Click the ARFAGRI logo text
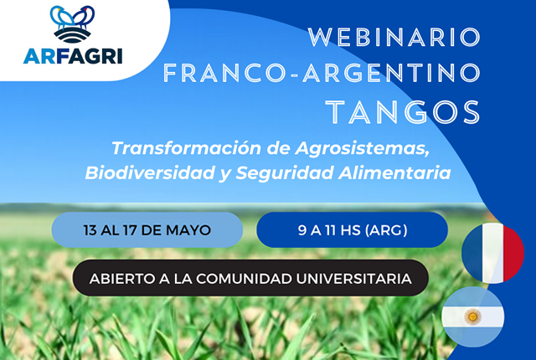(73, 56)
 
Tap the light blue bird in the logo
(61, 17)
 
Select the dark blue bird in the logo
(84, 16)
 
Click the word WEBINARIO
(394, 37)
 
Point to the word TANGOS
(404, 112)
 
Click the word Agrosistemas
(363, 149)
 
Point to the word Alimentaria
(394, 172)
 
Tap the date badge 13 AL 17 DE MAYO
(147, 230)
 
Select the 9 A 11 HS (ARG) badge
(353, 230)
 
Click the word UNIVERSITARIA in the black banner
(353, 279)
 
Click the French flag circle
(493, 253)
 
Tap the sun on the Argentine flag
(472, 316)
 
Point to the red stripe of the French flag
(513, 253)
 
